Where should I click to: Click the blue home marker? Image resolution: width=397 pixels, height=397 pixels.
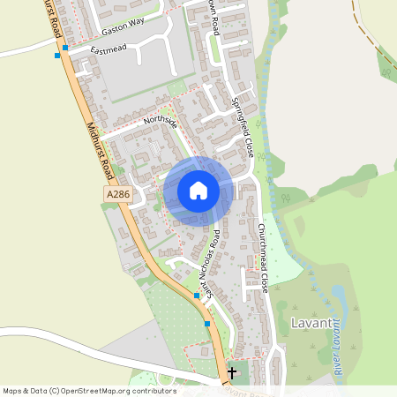click(198, 191)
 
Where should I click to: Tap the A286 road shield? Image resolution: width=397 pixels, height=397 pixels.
click(116, 194)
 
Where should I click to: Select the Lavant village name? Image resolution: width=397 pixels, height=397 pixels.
click(311, 323)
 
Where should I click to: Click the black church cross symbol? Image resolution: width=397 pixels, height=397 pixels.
click(232, 373)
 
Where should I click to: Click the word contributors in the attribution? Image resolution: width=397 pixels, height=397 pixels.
click(154, 391)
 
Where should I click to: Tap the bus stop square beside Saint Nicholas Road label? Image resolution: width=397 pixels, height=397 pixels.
click(197, 296)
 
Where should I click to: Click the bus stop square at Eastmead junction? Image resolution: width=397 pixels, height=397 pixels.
click(65, 49)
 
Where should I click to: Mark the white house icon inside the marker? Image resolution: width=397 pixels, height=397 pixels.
click(198, 190)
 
